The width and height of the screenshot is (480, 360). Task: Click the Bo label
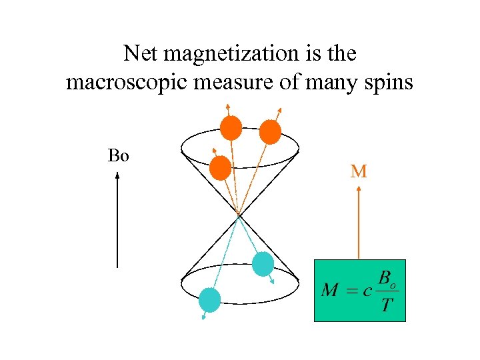[x=119, y=157]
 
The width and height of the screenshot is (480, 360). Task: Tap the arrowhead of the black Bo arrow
[x=117, y=177]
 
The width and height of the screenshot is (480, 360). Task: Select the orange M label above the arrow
[x=359, y=171]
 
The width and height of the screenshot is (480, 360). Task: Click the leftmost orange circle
[x=220, y=168]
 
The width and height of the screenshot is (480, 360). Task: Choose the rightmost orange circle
[x=270, y=132]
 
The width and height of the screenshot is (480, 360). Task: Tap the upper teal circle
[x=263, y=264]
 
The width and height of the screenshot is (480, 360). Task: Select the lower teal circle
[x=210, y=300]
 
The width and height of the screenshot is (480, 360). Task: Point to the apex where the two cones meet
[x=239, y=215]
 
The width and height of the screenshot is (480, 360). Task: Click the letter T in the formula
[x=385, y=306]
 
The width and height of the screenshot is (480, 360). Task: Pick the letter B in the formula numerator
[x=385, y=278]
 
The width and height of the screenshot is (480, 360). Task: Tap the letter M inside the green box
[x=329, y=291]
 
